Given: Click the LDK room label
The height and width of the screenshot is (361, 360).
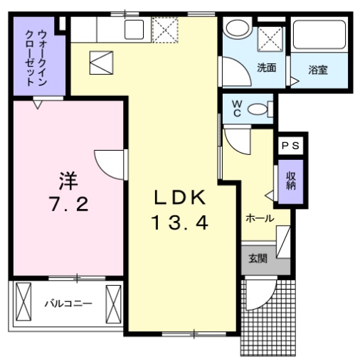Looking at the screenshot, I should coord(179,197).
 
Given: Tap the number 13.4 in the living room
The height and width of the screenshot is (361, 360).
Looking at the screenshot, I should coord(179,223).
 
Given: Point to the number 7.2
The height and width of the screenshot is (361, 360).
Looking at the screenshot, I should coord(69,206).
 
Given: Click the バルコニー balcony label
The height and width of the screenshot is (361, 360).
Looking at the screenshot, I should coord(68,303).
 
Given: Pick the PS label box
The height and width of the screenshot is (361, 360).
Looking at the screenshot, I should coord(291,145).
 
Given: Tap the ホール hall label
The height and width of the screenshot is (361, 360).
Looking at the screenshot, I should coord(260,218).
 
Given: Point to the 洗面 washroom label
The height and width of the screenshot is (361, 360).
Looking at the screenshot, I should coord(266,68).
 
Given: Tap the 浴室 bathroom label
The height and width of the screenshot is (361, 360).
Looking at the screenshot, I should coord(318,70).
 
